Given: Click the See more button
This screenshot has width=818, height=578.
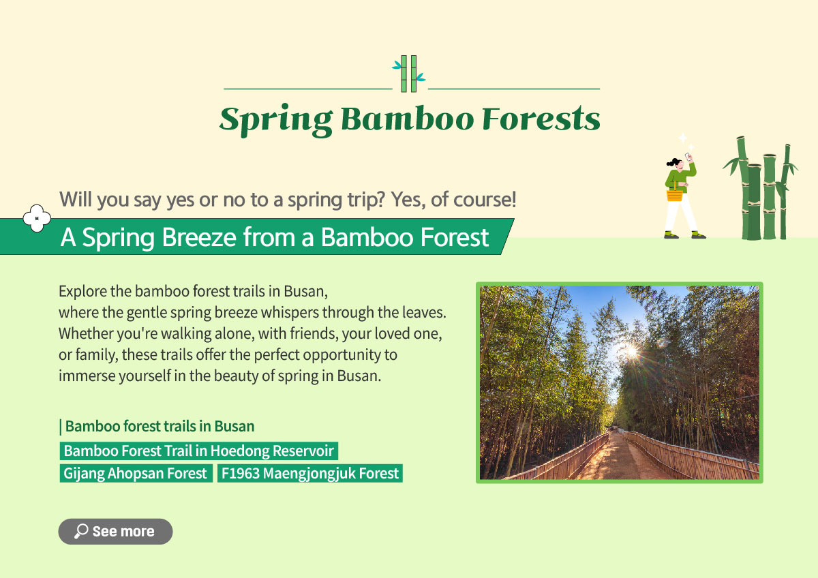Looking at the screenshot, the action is [x=115, y=531].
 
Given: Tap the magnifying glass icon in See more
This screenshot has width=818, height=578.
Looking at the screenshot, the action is [x=81, y=531].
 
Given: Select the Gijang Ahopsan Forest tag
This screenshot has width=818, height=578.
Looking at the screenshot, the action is [x=136, y=473].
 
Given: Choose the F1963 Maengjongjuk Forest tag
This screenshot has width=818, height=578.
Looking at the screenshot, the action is [x=310, y=473].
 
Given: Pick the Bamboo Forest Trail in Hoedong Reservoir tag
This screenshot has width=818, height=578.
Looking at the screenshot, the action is [x=198, y=451].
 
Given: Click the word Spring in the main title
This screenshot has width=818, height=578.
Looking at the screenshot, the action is [x=276, y=120].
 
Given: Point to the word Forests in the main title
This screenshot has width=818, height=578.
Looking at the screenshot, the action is [x=541, y=118].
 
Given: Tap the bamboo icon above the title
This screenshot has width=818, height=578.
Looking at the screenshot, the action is [x=408, y=74].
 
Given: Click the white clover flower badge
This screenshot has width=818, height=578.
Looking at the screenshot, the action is [x=37, y=218].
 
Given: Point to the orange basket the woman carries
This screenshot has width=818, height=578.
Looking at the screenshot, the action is [x=674, y=194].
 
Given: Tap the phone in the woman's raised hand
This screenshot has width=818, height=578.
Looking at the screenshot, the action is [x=688, y=157].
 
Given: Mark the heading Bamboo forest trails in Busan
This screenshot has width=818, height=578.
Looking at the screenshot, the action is [x=157, y=426].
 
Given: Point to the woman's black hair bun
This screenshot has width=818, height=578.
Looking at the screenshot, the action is [x=671, y=162].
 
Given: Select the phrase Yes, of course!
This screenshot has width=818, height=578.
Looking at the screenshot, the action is [x=453, y=199].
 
